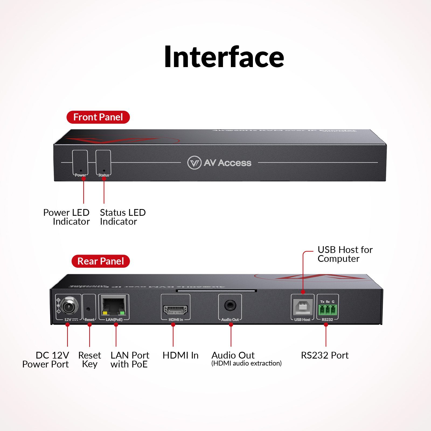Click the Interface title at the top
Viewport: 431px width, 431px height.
tap(224, 57)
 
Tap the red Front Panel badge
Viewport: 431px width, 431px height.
tap(98, 117)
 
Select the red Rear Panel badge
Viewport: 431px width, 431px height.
tap(100, 261)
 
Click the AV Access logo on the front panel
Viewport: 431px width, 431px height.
tap(220, 163)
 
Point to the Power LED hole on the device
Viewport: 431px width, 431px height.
tap(81, 171)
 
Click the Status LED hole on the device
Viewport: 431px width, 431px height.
tap(104, 171)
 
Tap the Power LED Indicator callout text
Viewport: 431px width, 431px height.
tap(67, 217)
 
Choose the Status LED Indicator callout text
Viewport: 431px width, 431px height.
tap(123, 217)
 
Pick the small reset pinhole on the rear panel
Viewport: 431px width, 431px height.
tap(88, 309)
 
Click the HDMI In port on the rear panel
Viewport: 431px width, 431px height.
tap(175, 310)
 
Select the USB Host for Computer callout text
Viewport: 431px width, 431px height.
tap(345, 254)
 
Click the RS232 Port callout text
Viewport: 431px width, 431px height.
tap(325, 355)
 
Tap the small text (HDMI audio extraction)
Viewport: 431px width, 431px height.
tap(246, 363)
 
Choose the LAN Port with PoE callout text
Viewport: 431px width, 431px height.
tap(130, 360)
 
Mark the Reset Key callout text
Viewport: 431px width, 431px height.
tap(90, 360)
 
